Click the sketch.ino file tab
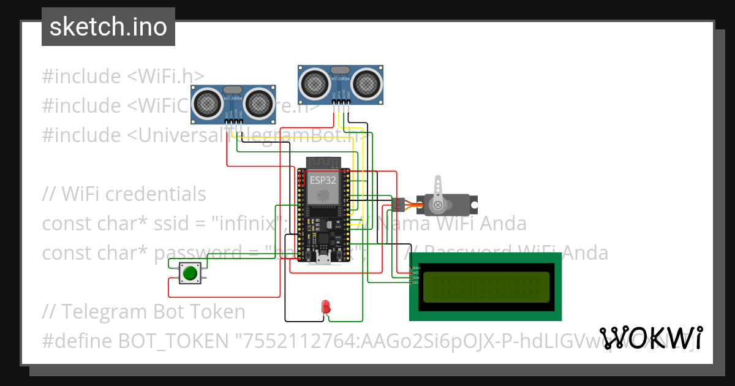[x=108, y=27]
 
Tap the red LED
[x=326, y=306]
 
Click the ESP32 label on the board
[x=322, y=181]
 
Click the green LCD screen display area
[x=486, y=286]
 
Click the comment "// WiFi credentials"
[x=124, y=194]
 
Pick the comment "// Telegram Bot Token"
[x=144, y=312]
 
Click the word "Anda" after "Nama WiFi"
[x=504, y=224]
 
